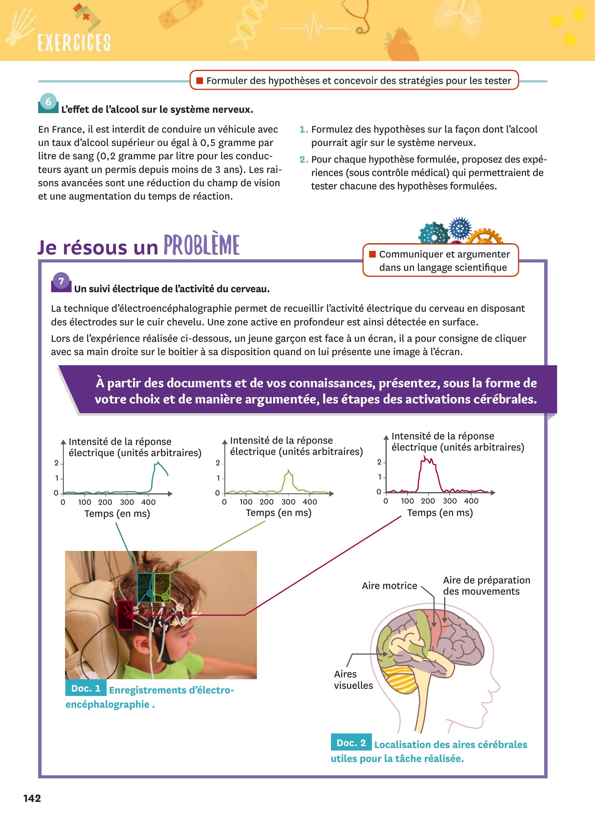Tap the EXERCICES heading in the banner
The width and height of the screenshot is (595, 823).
pos(74,42)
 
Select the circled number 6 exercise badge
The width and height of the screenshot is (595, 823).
pos(48,102)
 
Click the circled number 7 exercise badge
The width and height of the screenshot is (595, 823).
pos(61,281)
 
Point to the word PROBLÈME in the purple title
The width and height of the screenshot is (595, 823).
pos(201,245)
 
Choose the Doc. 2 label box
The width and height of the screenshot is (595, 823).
pos(351,743)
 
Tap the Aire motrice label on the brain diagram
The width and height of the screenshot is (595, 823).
pos(389,586)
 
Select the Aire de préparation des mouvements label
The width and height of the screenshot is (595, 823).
pos(486,586)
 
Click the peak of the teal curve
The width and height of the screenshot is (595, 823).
pos(158,462)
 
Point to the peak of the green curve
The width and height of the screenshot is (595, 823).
pos(289,471)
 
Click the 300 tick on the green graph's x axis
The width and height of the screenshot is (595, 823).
pos(289,502)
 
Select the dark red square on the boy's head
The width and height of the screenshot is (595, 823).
pos(125,615)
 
